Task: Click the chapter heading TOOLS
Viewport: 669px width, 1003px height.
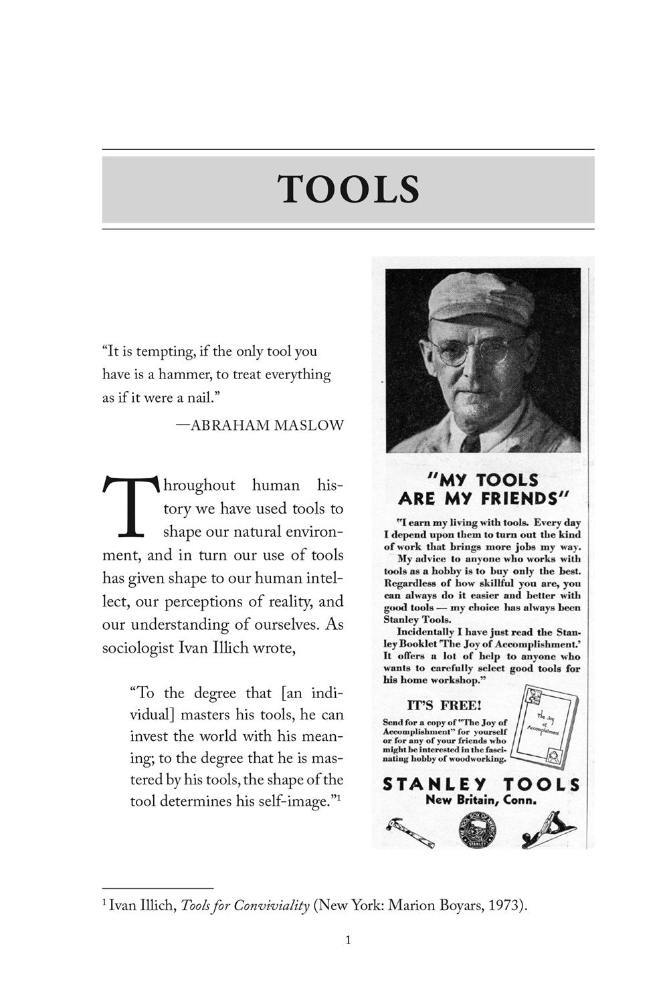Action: point(349,189)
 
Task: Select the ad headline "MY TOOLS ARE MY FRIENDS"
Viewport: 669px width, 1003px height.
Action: point(482,489)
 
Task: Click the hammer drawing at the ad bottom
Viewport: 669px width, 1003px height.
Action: point(410,830)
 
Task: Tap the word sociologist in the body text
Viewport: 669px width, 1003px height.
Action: point(141,648)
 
